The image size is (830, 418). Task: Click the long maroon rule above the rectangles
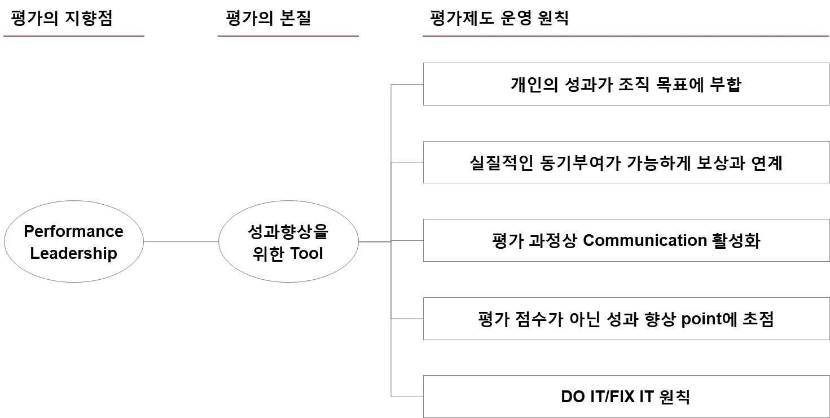(x=625, y=36)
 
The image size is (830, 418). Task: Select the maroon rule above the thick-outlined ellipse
(x=72, y=36)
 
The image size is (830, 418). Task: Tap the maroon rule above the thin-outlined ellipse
(x=288, y=36)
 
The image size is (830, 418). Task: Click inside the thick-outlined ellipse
(x=74, y=241)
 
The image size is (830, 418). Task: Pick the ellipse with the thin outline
(x=288, y=241)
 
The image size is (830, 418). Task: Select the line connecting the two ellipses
(x=181, y=241)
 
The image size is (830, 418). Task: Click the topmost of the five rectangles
(x=625, y=83)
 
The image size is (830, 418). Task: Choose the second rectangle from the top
(x=625, y=162)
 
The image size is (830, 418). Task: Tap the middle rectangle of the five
(x=625, y=239)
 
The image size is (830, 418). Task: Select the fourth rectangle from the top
(x=625, y=318)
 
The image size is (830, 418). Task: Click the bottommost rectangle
(x=625, y=397)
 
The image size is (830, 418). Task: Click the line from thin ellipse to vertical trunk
(x=374, y=241)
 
